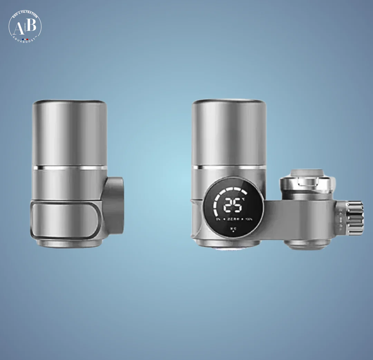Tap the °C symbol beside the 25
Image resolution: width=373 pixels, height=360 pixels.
243,199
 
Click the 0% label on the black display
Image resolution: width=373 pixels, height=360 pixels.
218,219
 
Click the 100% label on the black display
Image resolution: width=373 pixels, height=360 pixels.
249,219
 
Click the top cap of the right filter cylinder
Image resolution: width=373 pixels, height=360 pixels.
229,102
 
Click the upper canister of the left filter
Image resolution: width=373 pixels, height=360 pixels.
69,133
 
